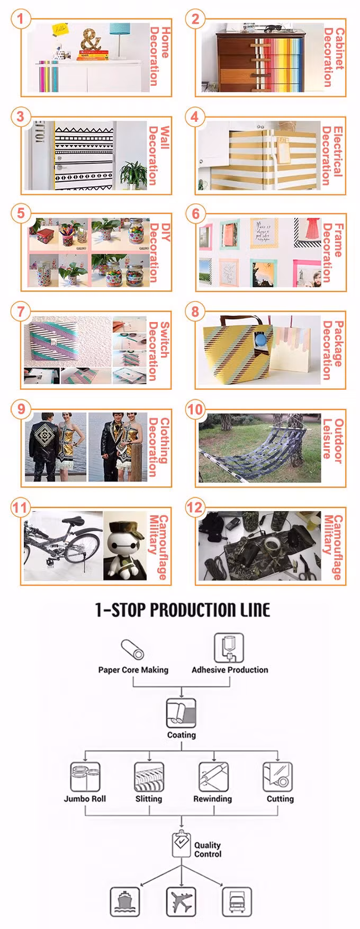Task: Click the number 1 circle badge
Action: click(x=20, y=19)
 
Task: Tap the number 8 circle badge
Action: click(x=195, y=311)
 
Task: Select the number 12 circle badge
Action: click(x=195, y=507)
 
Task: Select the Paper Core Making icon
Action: click(x=132, y=649)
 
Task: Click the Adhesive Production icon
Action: click(x=229, y=647)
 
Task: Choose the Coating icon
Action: click(x=181, y=713)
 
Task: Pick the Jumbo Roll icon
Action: click(x=85, y=777)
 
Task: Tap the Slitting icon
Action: click(x=149, y=777)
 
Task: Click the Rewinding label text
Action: click(x=212, y=799)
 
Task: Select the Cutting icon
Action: click(x=278, y=777)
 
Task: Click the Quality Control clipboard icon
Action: click(x=181, y=844)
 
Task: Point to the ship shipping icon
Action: click(x=125, y=901)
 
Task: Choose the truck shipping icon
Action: click(x=237, y=901)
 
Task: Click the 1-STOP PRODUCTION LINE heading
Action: click(x=183, y=610)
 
